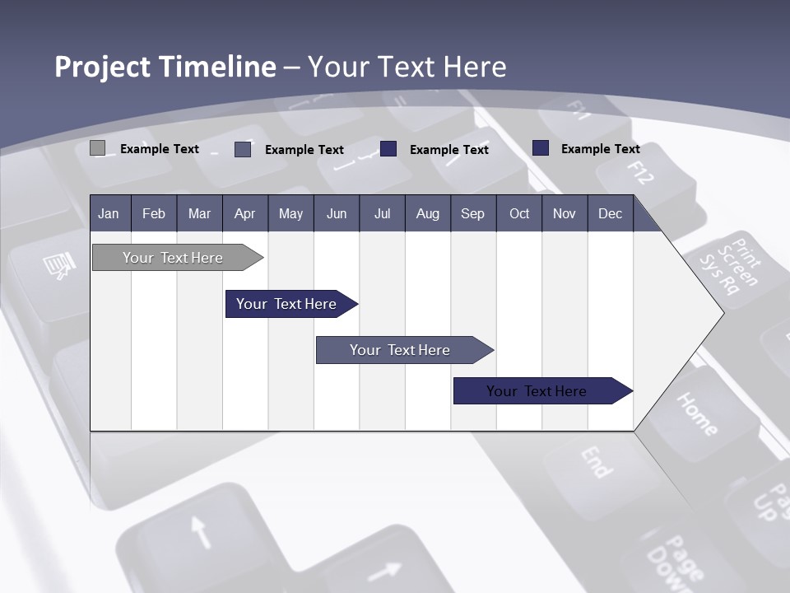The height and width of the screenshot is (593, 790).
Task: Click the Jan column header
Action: point(109,213)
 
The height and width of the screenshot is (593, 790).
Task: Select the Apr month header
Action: point(244,213)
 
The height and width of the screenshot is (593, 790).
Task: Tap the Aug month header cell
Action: point(427,213)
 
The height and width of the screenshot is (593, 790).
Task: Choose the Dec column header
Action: point(610,213)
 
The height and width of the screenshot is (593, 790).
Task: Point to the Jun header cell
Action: point(336,213)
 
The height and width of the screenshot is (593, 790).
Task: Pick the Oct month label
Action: point(518,213)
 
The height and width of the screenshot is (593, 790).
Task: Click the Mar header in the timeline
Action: point(199,213)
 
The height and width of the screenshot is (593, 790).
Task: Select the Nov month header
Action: point(564,213)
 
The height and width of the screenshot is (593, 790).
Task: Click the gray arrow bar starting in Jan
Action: point(173,258)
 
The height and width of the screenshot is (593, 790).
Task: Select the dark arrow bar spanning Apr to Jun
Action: point(286,304)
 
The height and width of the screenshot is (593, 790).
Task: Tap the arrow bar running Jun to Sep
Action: point(400,350)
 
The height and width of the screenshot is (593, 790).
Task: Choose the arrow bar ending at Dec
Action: point(537,391)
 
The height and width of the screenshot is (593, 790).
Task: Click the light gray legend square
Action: point(97,148)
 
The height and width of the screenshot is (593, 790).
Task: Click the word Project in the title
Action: point(103,67)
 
